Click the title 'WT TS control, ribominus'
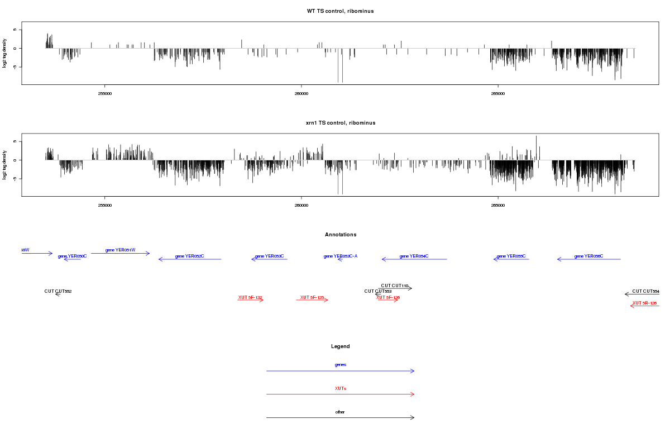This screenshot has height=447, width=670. [340, 11]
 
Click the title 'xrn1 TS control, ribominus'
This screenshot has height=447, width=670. [340, 123]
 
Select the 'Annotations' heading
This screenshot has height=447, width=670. [340, 235]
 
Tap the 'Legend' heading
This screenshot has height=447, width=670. [340, 346]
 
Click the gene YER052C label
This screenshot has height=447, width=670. [189, 256]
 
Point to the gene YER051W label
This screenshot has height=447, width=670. [120, 250]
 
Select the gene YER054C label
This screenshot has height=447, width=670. [414, 256]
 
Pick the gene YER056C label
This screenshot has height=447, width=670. [588, 256]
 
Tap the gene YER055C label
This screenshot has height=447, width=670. [511, 256]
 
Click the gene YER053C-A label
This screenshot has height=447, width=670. [340, 256]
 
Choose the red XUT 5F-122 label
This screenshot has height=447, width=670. [250, 297]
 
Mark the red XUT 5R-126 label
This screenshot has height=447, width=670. [644, 303]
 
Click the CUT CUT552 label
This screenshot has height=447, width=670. [58, 291]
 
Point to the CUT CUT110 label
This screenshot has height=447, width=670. [395, 286]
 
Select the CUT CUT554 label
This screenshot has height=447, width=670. [645, 291]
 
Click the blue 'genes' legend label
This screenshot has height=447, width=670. [340, 364]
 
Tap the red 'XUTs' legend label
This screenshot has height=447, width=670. [340, 388]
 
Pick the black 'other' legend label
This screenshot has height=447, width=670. [340, 412]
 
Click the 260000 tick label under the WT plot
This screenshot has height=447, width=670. [301, 93]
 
